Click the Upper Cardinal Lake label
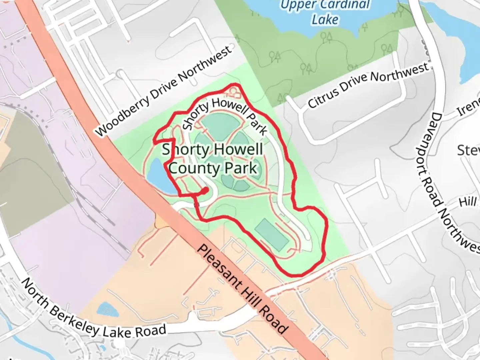(325, 12)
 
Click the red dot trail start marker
(205, 190)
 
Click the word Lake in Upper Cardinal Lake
(325, 20)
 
